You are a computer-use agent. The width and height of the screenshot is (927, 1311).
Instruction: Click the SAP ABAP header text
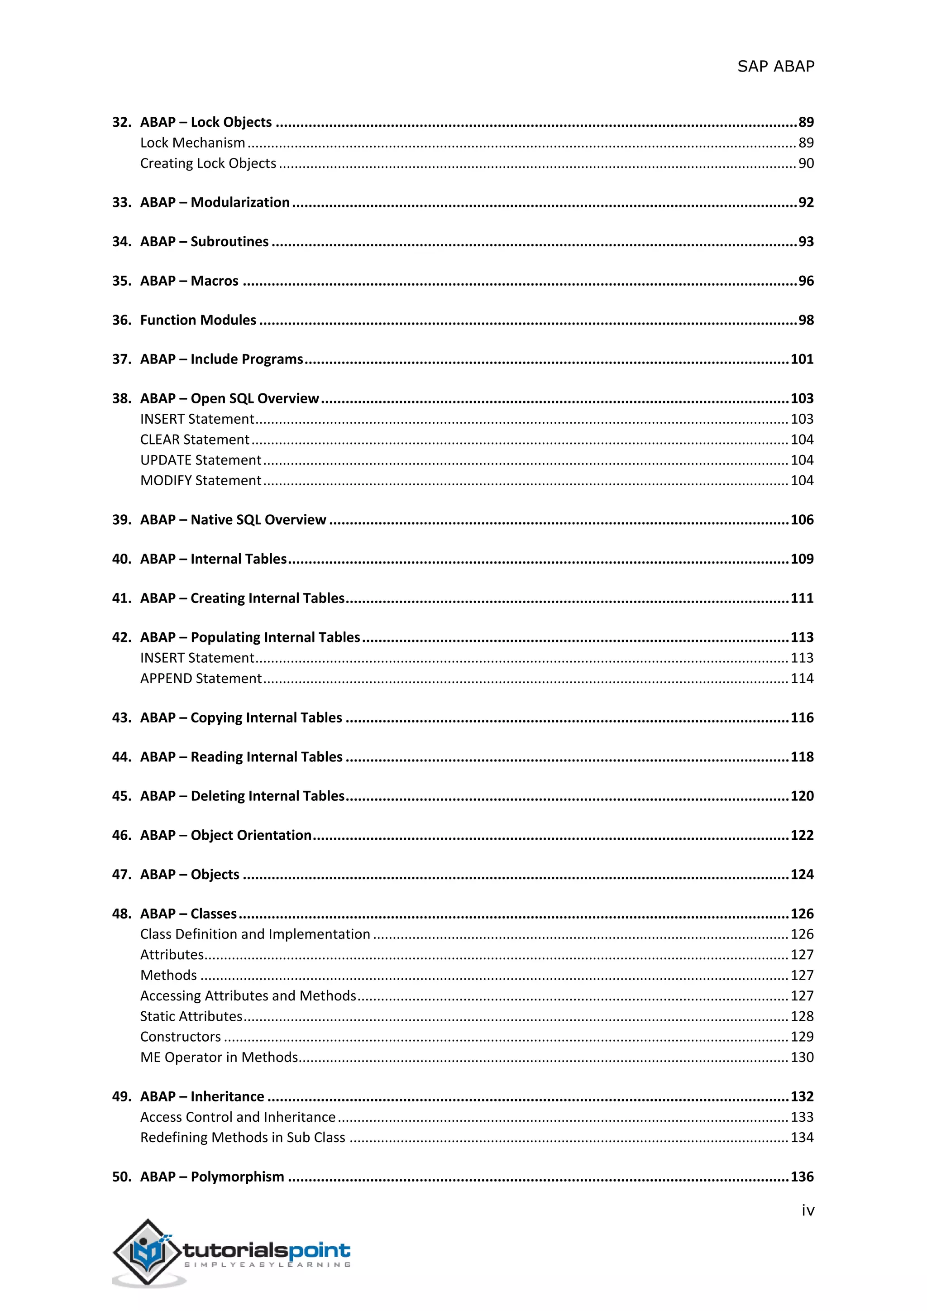pyautogui.click(x=775, y=67)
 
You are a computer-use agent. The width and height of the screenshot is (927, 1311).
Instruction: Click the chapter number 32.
pyautogui.click(x=121, y=122)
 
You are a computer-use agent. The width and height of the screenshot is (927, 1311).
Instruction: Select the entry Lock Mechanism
pyautogui.click(x=192, y=143)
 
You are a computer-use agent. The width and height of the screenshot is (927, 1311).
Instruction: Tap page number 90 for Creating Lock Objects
pyautogui.click(x=805, y=163)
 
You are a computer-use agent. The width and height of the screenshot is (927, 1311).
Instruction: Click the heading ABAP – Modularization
pyautogui.click(x=215, y=202)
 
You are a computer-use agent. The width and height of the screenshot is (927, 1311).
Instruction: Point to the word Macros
pyautogui.click(x=215, y=281)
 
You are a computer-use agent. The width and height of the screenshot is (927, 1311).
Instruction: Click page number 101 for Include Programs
pyautogui.click(x=802, y=359)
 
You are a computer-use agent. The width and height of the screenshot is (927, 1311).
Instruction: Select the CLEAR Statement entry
pyautogui.click(x=195, y=440)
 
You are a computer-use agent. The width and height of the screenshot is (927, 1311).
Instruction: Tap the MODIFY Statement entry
pyautogui.click(x=201, y=481)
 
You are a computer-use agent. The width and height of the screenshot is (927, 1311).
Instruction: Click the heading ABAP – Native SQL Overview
pyautogui.click(x=233, y=520)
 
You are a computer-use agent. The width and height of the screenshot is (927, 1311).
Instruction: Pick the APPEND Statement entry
pyautogui.click(x=201, y=678)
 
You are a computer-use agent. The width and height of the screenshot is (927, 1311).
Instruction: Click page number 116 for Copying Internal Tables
pyautogui.click(x=802, y=718)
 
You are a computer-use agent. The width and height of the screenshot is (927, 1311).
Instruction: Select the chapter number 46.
pyautogui.click(x=121, y=835)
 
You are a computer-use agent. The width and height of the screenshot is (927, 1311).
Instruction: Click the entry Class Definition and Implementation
pyautogui.click(x=255, y=934)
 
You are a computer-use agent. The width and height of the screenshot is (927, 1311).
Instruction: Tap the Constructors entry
pyautogui.click(x=181, y=1037)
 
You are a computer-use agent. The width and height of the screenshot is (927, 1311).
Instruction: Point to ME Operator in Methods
pyautogui.click(x=219, y=1057)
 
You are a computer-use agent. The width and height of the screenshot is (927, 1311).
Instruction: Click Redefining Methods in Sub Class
pyautogui.click(x=243, y=1138)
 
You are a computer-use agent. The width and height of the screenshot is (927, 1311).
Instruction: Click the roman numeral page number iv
pyautogui.click(x=807, y=1211)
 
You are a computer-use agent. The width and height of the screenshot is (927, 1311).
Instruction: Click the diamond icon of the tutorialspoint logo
pyautogui.click(x=147, y=1252)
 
